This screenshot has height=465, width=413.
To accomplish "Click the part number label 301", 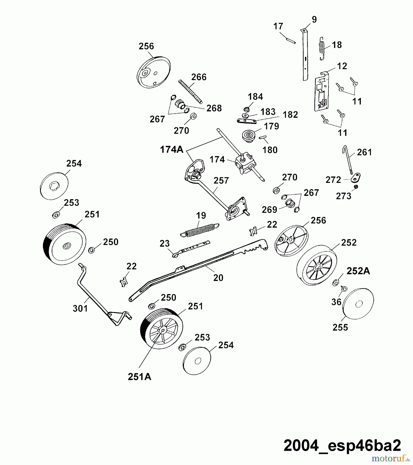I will click(80, 308).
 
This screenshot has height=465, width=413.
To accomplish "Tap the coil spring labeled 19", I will click(200, 230).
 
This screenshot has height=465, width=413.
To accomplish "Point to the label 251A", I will click(139, 377).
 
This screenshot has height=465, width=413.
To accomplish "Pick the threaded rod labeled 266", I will click(190, 92).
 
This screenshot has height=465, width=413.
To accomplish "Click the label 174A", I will click(172, 150).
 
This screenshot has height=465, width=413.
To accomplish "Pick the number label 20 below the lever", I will click(218, 278).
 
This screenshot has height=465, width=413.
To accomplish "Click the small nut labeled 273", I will click(356, 187).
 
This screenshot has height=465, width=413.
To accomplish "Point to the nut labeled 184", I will click(246, 109).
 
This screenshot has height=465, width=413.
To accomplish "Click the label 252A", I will click(358, 271).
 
